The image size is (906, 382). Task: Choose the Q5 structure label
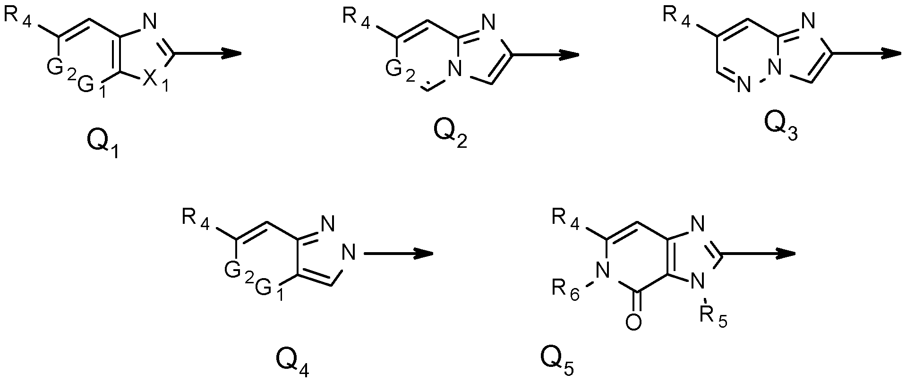[x=559, y=363]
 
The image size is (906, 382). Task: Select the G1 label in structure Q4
[x=269, y=289]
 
